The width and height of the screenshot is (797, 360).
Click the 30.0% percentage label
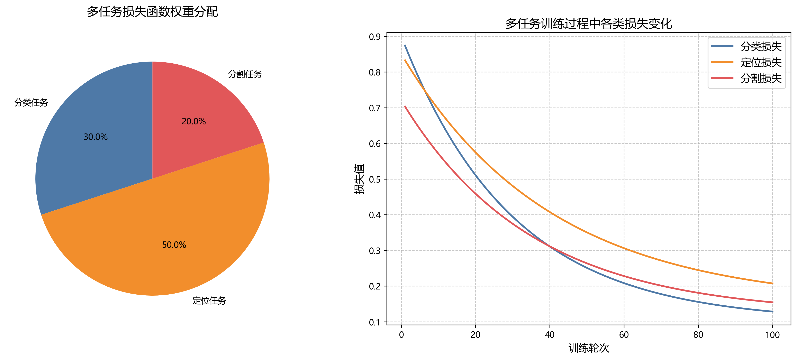[96, 137]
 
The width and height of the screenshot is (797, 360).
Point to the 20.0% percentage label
[194, 121]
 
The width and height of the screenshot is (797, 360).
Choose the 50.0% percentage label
[174, 245]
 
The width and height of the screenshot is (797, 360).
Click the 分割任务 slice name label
[245, 74]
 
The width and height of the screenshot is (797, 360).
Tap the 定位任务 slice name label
[209, 301]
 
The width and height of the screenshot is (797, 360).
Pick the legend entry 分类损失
[761, 46]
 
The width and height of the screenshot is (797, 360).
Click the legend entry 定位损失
[761, 63]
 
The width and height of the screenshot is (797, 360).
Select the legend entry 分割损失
[761, 79]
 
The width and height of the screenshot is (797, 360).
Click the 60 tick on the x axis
[624, 335]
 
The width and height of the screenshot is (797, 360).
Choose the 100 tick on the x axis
[772, 335]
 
